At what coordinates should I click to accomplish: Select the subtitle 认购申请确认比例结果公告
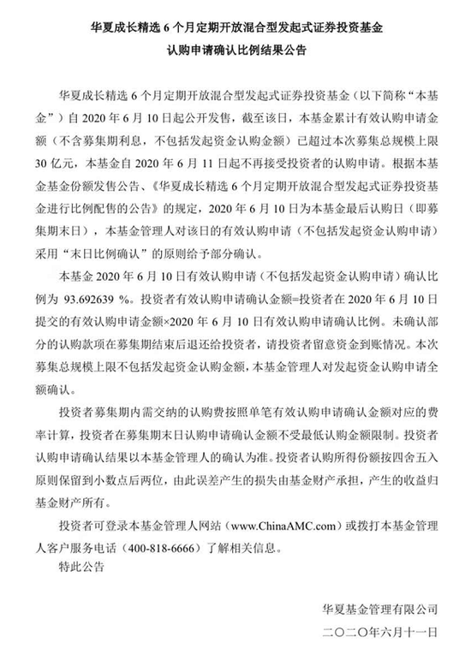pyautogui.click(x=236, y=51)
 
